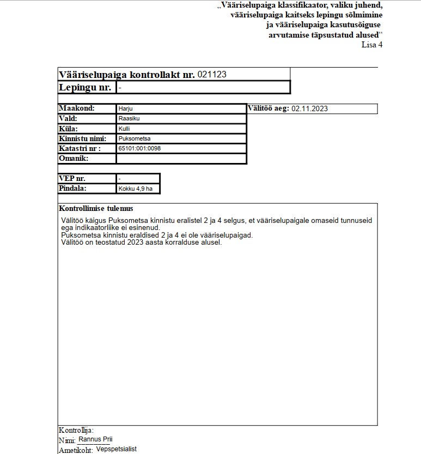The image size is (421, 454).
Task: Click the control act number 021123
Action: [x=212, y=75]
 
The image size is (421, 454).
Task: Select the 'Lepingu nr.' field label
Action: [x=85, y=87]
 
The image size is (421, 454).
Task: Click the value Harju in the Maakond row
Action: [x=126, y=108]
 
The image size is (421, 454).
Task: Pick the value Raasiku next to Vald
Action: [x=129, y=118]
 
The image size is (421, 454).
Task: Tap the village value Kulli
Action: [x=124, y=129]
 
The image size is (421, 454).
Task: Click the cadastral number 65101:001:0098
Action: [x=139, y=148]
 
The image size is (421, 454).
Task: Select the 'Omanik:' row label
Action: [x=74, y=159]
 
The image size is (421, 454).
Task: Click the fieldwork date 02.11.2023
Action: [x=309, y=108]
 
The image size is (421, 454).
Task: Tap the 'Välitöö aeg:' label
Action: [x=268, y=108]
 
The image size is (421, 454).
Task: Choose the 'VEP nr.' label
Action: [x=72, y=178]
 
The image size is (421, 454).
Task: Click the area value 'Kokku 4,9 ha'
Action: [x=135, y=189]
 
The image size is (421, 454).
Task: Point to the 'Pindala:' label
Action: [x=72, y=189]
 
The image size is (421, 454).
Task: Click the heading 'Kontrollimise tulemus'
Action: [x=96, y=209]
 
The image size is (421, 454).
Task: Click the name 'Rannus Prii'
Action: [x=96, y=439]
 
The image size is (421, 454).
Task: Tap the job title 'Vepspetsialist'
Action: [x=116, y=449]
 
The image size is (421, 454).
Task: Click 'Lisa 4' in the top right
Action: [x=372, y=45]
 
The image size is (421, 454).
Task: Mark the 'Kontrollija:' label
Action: [x=76, y=430]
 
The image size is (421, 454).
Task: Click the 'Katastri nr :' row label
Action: [x=80, y=148]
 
